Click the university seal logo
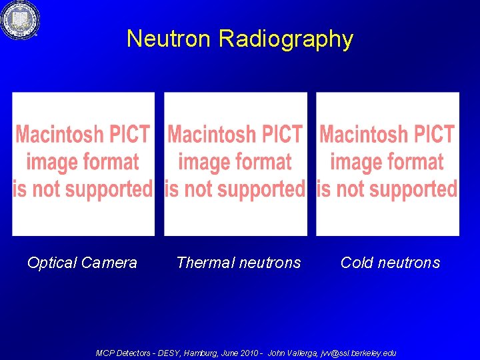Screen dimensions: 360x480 click(x=19, y=20)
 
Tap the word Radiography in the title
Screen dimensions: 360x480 click(x=285, y=39)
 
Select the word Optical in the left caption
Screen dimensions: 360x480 click(x=52, y=263)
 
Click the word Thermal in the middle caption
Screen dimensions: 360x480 click(x=203, y=263)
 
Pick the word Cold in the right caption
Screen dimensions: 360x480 click(x=356, y=263)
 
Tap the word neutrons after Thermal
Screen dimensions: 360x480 click(x=269, y=263)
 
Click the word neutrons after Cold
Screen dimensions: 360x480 click(x=409, y=263)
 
